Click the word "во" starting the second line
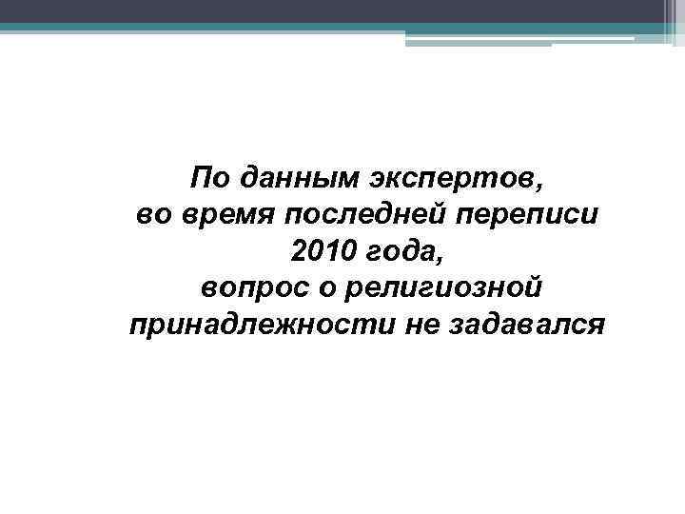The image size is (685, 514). click(x=152, y=214)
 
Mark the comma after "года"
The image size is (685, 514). click(x=440, y=257)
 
